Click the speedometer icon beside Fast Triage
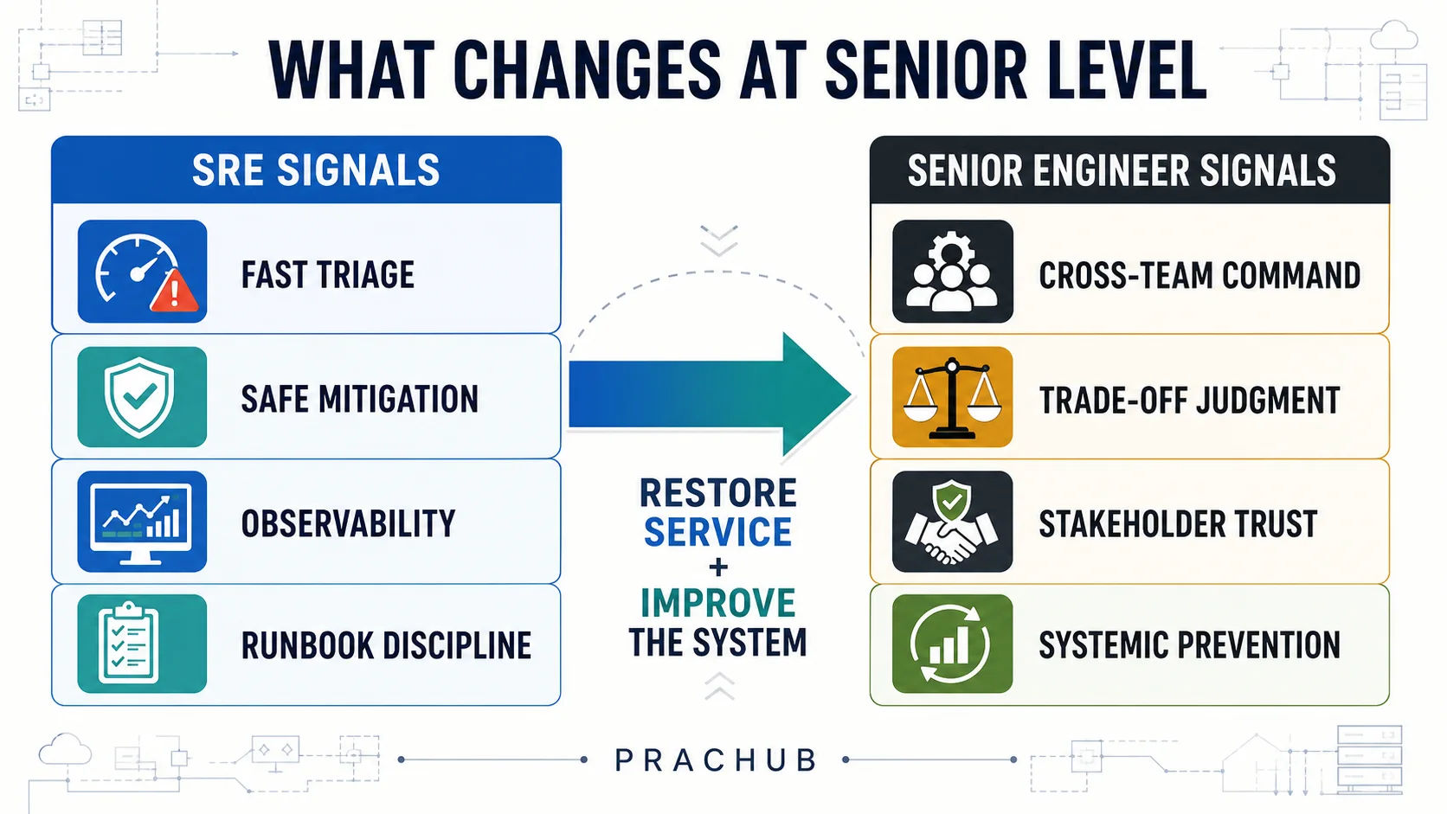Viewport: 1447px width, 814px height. (x=142, y=271)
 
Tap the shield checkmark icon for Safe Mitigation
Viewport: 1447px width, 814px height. (x=142, y=397)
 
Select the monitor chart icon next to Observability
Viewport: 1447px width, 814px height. (x=142, y=522)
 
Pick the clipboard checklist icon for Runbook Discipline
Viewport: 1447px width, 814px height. (x=142, y=644)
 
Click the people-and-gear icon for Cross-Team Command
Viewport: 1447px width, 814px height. (x=952, y=271)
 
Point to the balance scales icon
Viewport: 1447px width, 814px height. (x=952, y=397)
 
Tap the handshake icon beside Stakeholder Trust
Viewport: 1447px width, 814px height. (x=952, y=522)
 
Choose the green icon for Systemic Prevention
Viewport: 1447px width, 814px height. (x=952, y=644)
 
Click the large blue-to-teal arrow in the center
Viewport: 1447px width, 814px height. (x=710, y=394)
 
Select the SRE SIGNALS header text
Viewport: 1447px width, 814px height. (x=316, y=170)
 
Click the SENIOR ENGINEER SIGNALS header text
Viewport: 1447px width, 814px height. (x=1122, y=170)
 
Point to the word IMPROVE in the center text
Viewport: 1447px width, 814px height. (x=717, y=603)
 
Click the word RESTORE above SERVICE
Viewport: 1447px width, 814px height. (x=717, y=493)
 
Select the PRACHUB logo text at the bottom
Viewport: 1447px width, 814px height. (x=716, y=760)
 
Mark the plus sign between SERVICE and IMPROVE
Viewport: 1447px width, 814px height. (x=717, y=567)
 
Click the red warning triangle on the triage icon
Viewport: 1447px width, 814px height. (x=174, y=292)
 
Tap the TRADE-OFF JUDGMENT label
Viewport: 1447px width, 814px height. (x=1189, y=400)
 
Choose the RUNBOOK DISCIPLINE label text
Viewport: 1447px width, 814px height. (x=386, y=645)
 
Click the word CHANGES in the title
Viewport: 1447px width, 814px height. (x=587, y=70)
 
